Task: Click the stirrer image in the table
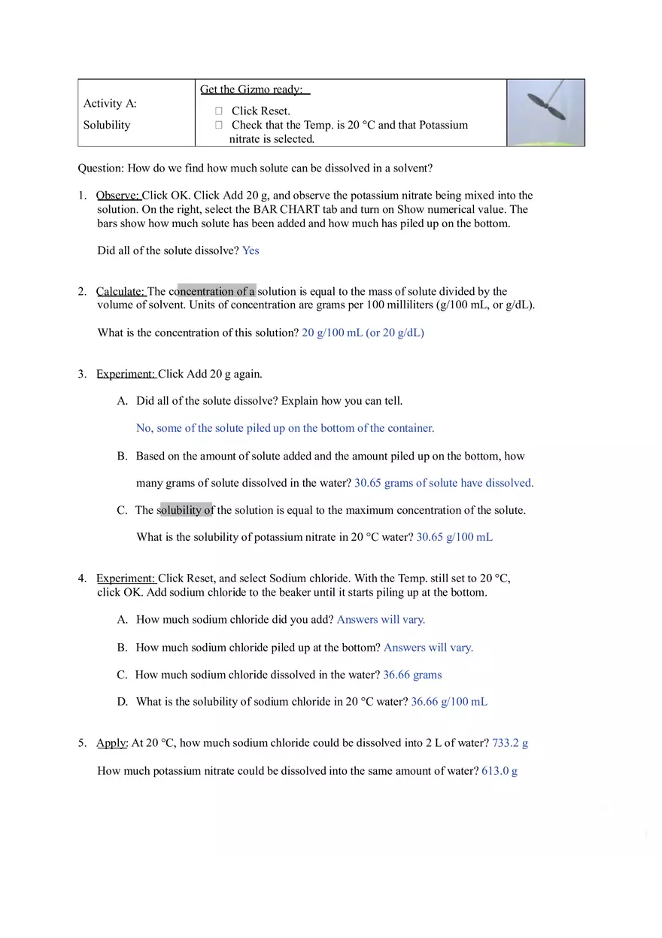[x=545, y=112]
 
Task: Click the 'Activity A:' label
[x=110, y=103]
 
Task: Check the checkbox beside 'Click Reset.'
[x=219, y=111]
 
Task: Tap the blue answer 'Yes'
[x=251, y=250]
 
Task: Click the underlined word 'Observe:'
[x=118, y=196]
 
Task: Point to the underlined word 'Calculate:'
[x=120, y=291]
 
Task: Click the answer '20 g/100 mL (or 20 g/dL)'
[x=363, y=332]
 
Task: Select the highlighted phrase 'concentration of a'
[x=217, y=291]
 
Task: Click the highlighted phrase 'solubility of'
[x=187, y=510]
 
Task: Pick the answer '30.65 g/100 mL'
[x=454, y=537]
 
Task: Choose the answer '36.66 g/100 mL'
[x=449, y=702]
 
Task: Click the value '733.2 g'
[x=510, y=743]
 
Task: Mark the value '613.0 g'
[x=500, y=771]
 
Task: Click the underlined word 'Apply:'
[x=112, y=743]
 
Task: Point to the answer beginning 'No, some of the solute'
[x=285, y=428]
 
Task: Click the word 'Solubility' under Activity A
[x=107, y=125]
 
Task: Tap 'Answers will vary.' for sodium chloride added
[x=381, y=620]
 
